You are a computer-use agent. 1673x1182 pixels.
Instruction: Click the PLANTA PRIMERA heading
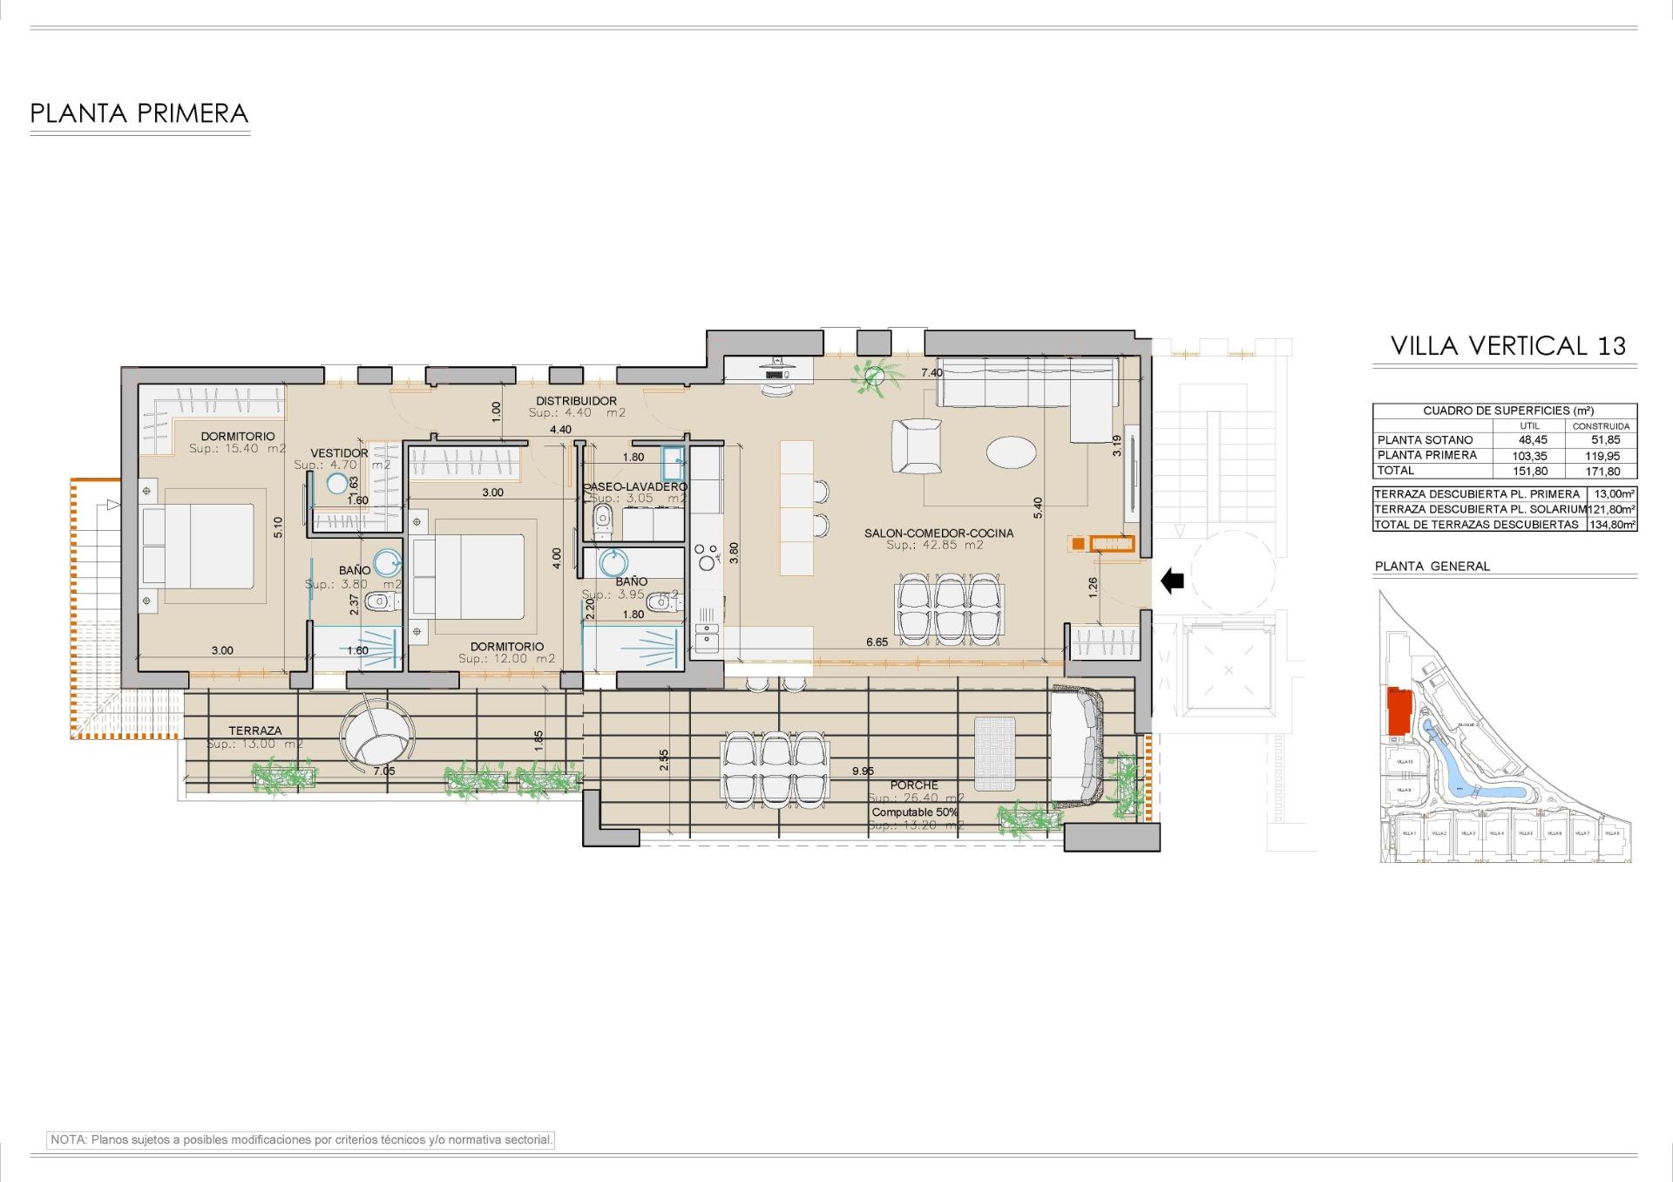click(139, 113)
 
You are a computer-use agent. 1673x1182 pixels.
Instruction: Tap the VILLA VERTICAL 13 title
click(1507, 346)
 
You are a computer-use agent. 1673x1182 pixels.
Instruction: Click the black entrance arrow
click(1172, 580)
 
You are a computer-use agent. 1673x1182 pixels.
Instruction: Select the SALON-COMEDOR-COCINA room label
click(938, 533)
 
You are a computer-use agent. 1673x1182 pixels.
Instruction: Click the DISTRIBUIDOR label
click(576, 401)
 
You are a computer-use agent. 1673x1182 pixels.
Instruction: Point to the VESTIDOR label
click(339, 453)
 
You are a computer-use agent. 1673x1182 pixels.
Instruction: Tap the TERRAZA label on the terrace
click(255, 730)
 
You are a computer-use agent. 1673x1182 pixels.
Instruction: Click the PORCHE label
click(914, 785)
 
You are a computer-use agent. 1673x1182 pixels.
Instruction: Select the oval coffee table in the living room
click(1011, 452)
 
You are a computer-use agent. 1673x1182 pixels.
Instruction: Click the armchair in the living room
click(917, 445)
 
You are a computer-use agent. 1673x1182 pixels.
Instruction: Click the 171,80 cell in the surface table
click(1602, 471)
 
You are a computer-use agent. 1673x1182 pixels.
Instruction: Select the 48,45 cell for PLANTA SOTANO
click(1533, 440)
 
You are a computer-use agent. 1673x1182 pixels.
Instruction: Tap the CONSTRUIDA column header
click(1601, 426)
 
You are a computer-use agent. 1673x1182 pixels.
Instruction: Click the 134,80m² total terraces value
click(1612, 525)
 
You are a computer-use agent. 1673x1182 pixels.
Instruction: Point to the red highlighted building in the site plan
click(1399, 710)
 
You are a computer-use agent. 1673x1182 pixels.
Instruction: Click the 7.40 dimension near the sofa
click(931, 372)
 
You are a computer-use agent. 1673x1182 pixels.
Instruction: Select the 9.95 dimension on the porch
click(863, 771)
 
